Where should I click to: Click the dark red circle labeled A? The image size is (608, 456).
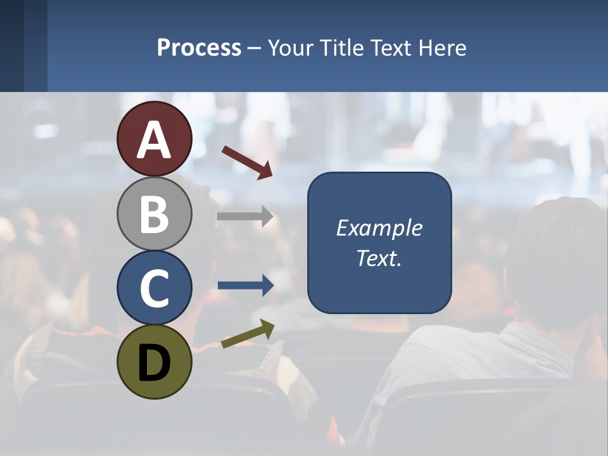point(155,139)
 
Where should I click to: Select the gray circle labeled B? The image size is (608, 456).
point(155,213)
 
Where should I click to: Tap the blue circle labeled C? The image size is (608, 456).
point(155,288)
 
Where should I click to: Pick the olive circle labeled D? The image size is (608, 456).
point(155,362)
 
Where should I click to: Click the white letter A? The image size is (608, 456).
point(155,140)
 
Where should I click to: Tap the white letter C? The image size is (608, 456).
point(155,288)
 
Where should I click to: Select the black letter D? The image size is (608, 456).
point(155,363)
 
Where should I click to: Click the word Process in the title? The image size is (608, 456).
point(199,47)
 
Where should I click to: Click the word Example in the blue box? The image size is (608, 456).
point(379,228)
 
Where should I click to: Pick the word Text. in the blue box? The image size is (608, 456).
point(379,258)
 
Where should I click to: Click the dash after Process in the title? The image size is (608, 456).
point(254,49)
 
